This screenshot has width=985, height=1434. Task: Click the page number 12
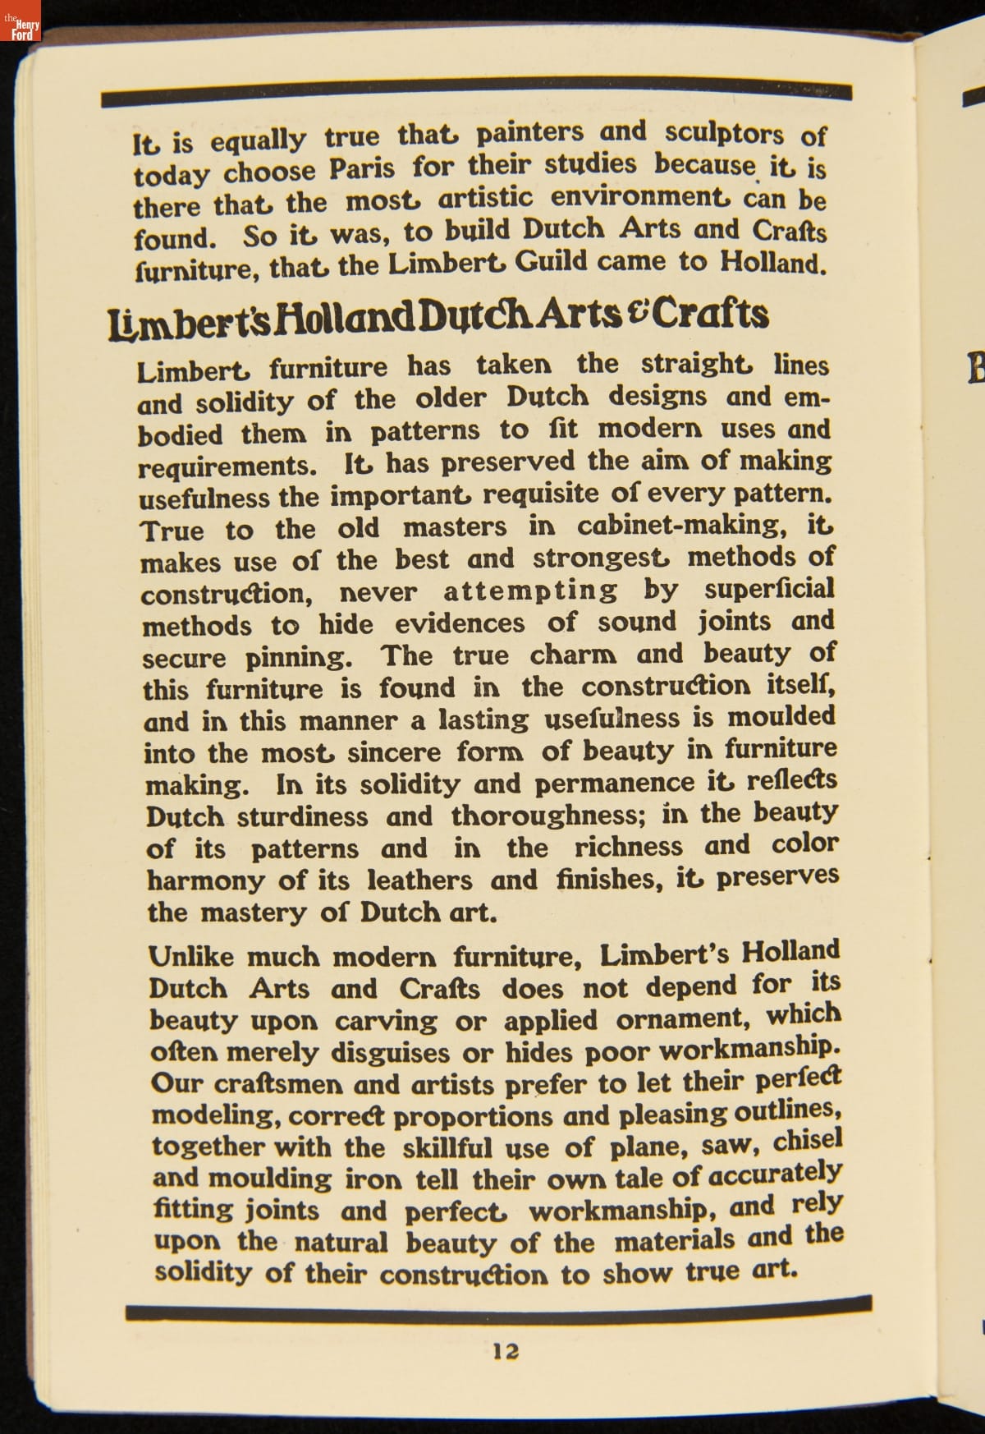506,1350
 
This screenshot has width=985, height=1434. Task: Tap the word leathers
419,880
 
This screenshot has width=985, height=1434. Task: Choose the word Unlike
191,957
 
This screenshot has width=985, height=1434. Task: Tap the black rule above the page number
498,1308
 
